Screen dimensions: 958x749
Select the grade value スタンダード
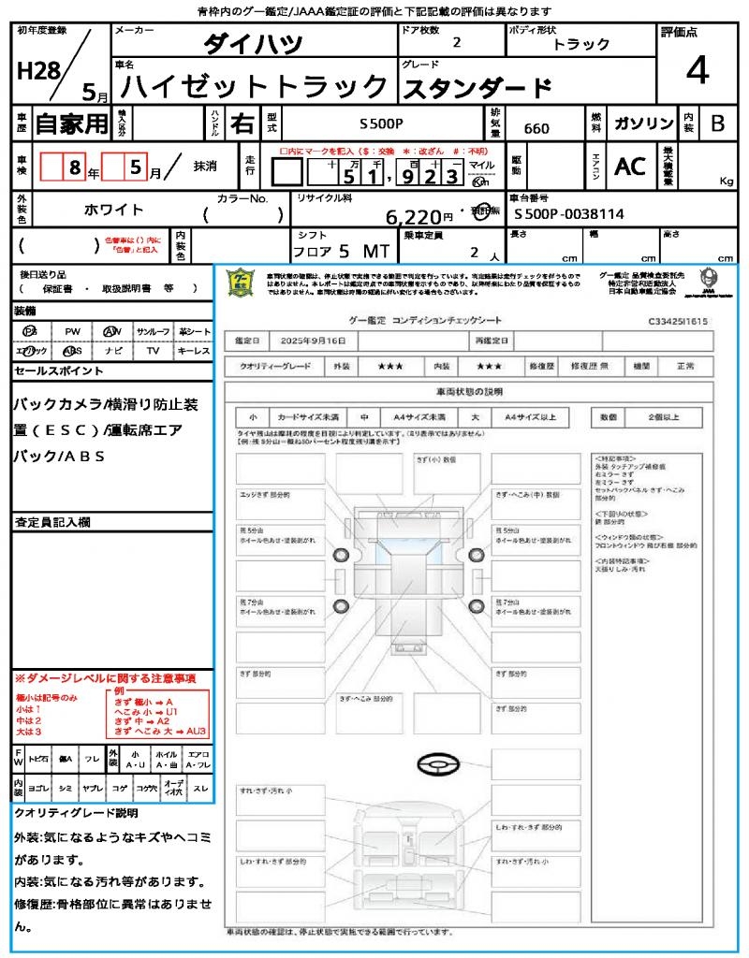tap(477, 88)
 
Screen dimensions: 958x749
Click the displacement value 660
tap(536, 128)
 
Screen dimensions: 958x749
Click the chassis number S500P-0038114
tap(569, 214)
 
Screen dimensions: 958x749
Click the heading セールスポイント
tap(59, 371)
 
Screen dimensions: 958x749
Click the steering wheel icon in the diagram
tap(437, 765)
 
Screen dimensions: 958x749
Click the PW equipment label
tap(71, 331)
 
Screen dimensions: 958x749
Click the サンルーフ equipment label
tap(154, 331)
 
